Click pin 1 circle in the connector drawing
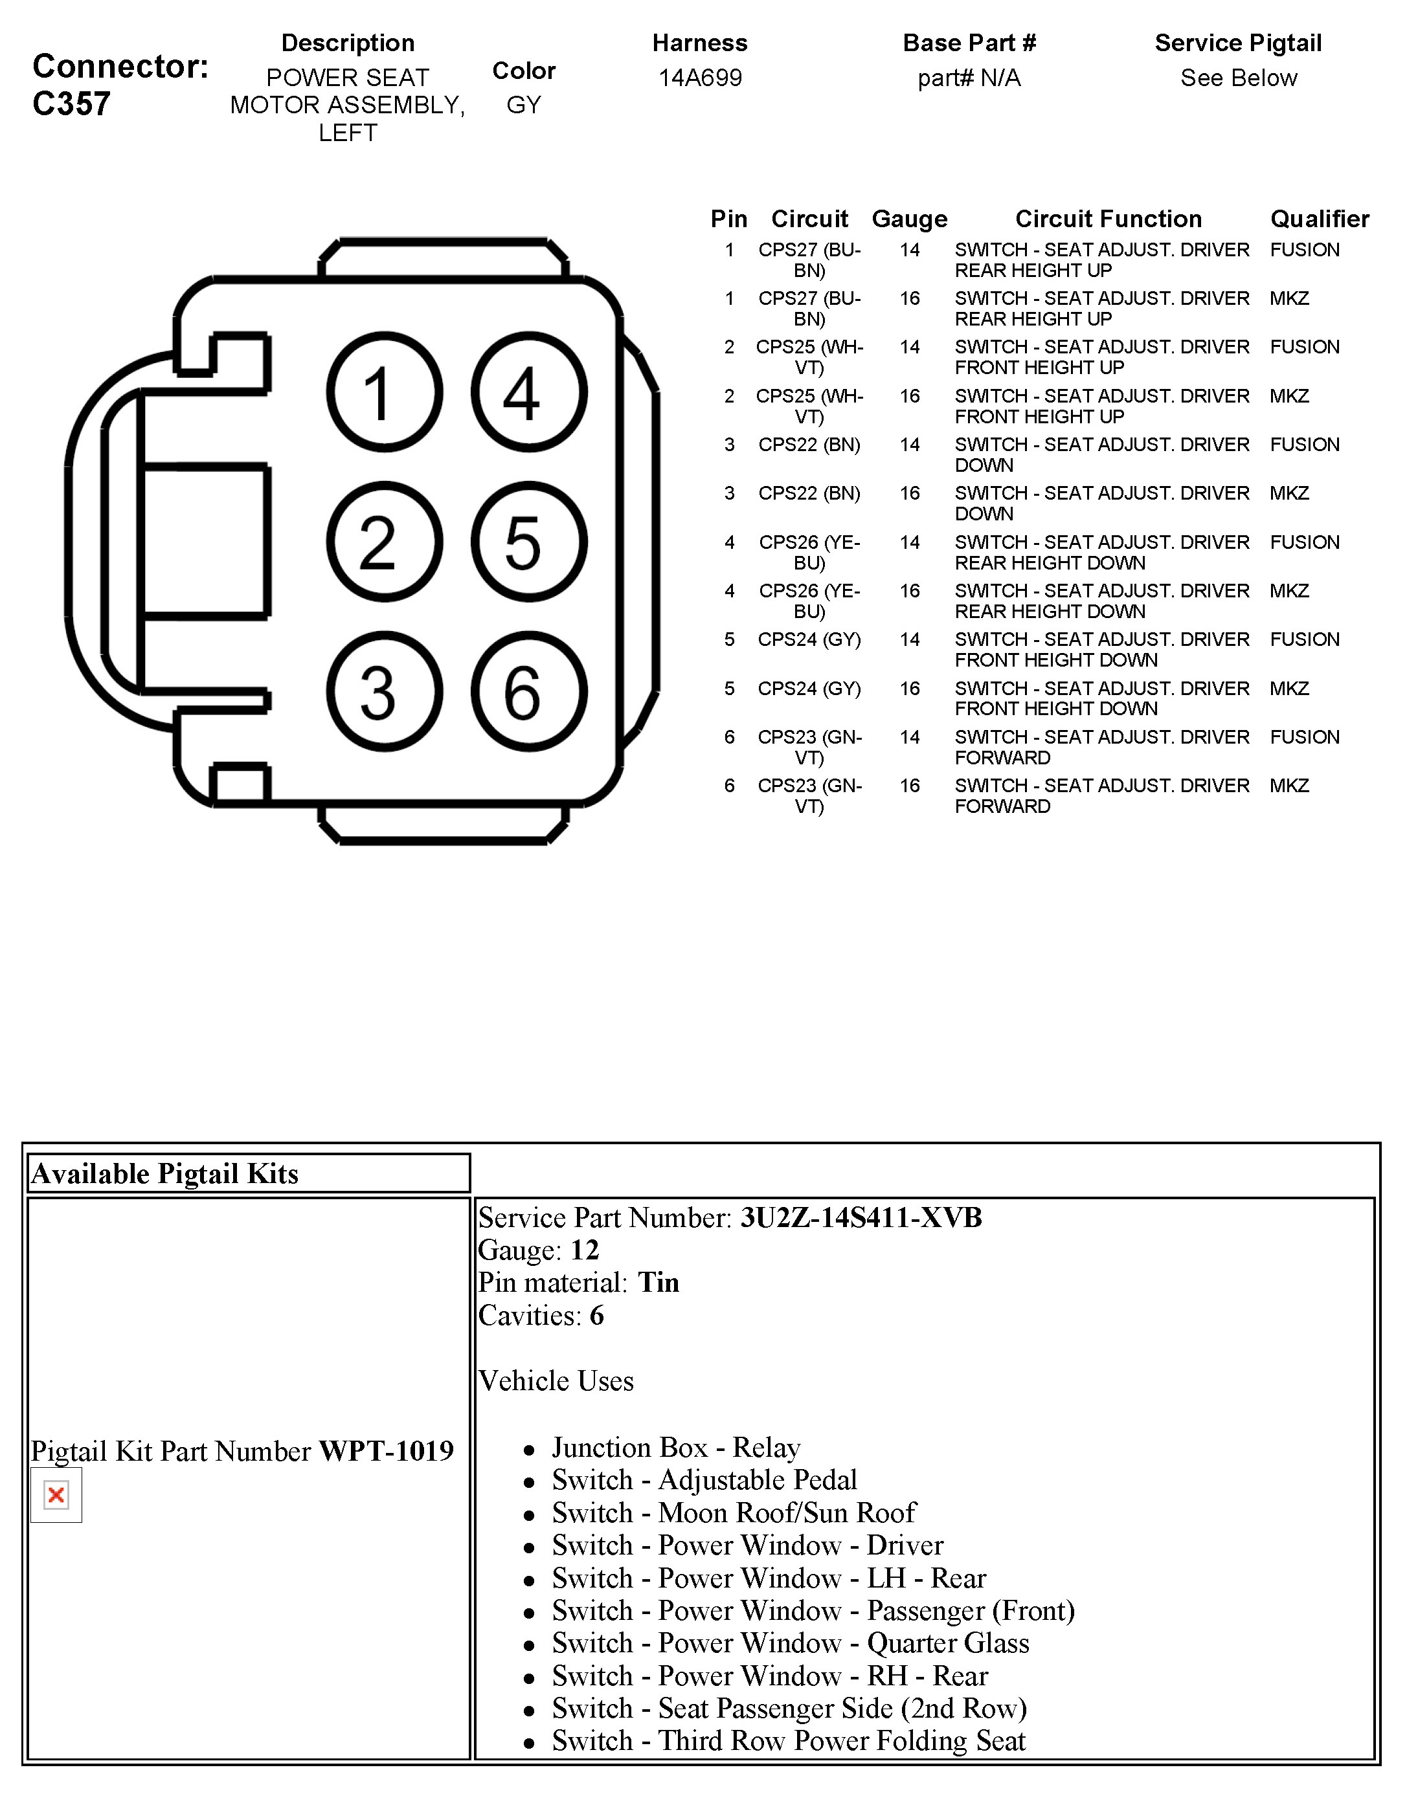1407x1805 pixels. (x=385, y=392)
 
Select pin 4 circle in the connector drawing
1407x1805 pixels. (x=529, y=392)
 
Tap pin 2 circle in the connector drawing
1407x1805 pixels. (x=385, y=542)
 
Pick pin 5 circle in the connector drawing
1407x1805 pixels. (x=529, y=542)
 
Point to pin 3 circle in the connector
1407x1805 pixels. (x=385, y=692)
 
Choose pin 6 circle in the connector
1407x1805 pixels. (x=529, y=692)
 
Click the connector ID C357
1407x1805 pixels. (x=71, y=104)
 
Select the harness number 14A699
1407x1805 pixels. (x=699, y=78)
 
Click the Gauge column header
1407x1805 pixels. (x=909, y=219)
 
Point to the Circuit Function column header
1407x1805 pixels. (x=1108, y=219)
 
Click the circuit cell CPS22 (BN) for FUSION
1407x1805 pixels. (x=809, y=445)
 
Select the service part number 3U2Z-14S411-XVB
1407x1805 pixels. (x=861, y=1217)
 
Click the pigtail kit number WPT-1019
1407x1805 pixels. (x=386, y=1450)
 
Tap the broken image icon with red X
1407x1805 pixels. (x=56, y=1495)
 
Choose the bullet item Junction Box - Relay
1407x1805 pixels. (x=675, y=1447)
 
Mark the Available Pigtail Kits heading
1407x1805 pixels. (x=164, y=1173)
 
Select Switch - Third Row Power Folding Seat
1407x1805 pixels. (x=788, y=1740)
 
